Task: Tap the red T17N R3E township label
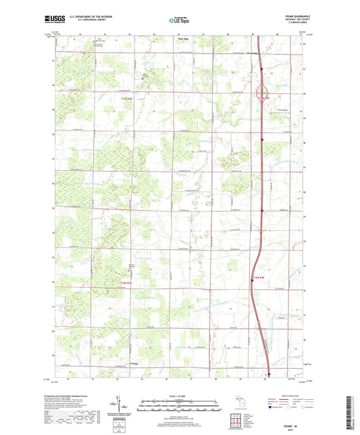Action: click(x=118, y=99)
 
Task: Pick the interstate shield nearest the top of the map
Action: click(x=261, y=67)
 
